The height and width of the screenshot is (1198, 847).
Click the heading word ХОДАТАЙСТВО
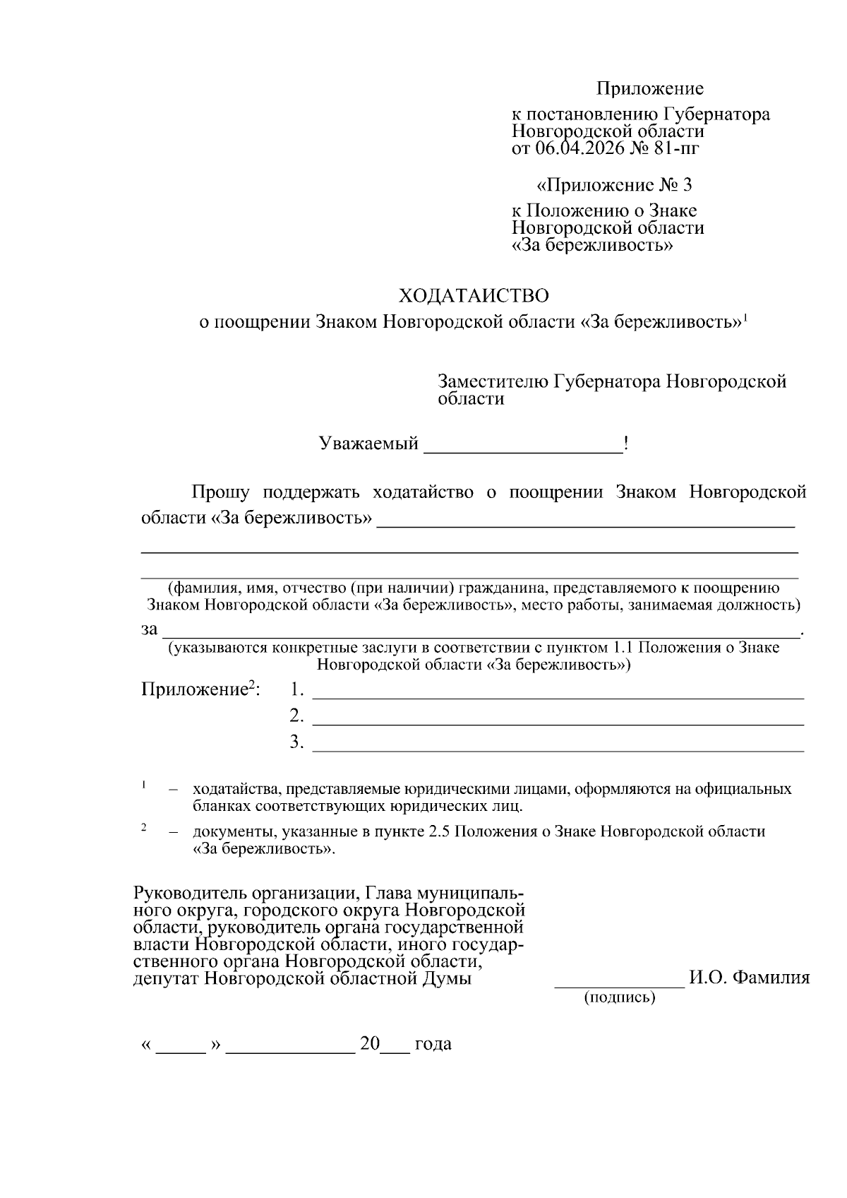(x=474, y=295)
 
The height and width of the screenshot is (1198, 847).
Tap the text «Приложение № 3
(x=614, y=185)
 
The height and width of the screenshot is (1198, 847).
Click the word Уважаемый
(x=368, y=444)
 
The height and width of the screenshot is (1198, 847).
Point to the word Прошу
(x=220, y=492)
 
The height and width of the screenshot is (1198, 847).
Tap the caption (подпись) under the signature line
(x=620, y=997)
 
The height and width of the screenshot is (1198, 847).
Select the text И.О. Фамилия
(x=749, y=978)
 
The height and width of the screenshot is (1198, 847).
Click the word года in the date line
(x=433, y=1044)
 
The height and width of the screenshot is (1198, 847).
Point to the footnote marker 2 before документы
(x=144, y=828)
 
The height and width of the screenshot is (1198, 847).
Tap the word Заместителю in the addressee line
(x=493, y=382)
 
